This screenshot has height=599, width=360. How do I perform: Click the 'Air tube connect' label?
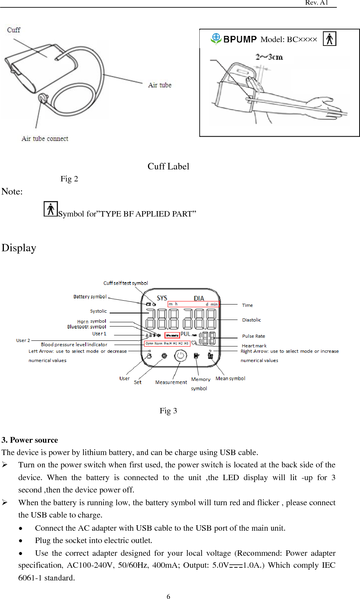pos(45,139)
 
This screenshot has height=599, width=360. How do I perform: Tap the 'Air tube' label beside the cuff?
pos(160,85)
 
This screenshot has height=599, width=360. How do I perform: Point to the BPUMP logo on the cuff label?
pos(234,39)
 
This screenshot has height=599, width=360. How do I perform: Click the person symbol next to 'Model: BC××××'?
pos(329,39)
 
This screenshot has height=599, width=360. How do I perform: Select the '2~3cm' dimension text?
pos(269,57)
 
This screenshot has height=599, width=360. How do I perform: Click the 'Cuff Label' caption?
pos(168,166)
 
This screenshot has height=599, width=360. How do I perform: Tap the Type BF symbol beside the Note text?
pos(51,209)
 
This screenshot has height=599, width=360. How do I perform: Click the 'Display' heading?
pos(19,248)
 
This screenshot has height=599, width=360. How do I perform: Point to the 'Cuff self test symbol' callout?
pos(126,283)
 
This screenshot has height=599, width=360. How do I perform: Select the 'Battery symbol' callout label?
pos(90,296)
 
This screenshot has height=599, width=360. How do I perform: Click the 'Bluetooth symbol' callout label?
pos(87,327)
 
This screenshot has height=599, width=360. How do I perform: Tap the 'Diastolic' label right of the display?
pos(251,320)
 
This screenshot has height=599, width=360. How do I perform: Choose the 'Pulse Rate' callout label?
pos(253,336)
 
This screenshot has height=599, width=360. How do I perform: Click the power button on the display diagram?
pos(180,356)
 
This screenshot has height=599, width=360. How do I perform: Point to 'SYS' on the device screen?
pos(162,298)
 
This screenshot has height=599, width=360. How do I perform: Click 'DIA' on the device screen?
pos(199,298)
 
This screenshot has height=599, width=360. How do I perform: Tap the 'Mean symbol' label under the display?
pos(230,379)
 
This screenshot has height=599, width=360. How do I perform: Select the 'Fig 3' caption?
pos(168,411)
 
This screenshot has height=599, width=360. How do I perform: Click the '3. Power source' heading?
pos(30,440)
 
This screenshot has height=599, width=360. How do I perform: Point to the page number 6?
pos(168,596)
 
